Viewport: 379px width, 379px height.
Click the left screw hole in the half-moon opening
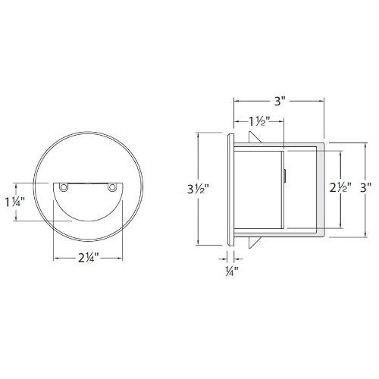[x=64, y=186]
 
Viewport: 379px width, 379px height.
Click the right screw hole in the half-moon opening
[x=113, y=186]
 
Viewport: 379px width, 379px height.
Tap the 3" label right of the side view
[x=366, y=186]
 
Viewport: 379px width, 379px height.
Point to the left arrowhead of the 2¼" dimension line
[x=55, y=256]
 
